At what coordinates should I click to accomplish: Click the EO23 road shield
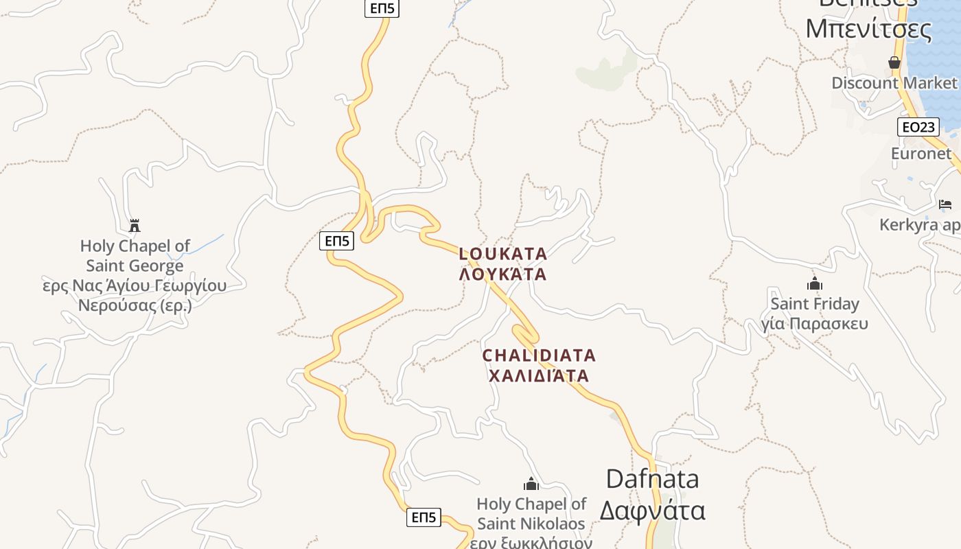click(918, 127)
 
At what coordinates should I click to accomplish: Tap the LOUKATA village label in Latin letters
click(503, 254)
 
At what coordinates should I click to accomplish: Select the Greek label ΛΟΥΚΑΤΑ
click(503, 274)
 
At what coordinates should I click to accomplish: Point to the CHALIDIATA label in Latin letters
click(539, 355)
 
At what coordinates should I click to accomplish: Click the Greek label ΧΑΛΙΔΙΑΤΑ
click(539, 375)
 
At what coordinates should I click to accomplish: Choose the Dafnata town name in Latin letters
click(652, 479)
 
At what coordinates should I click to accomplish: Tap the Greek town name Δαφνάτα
click(652, 511)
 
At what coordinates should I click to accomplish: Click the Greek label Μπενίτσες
click(868, 30)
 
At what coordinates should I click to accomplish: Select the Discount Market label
click(894, 83)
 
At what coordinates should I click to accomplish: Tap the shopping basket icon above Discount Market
click(894, 63)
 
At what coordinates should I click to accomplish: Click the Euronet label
click(921, 154)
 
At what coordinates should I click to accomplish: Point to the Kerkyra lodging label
click(920, 225)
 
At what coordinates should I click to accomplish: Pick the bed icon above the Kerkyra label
click(945, 205)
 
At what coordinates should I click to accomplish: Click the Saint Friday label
click(815, 303)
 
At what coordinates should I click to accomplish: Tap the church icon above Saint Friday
click(815, 283)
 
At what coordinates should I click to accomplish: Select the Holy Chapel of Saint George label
click(135, 255)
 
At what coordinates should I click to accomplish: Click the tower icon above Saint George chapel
click(135, 225)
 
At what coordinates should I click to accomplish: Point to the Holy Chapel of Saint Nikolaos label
click(531, 513)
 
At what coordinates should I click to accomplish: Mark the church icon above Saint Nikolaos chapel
click(531, 484)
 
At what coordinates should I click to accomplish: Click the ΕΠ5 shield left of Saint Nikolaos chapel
click(424, 517)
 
